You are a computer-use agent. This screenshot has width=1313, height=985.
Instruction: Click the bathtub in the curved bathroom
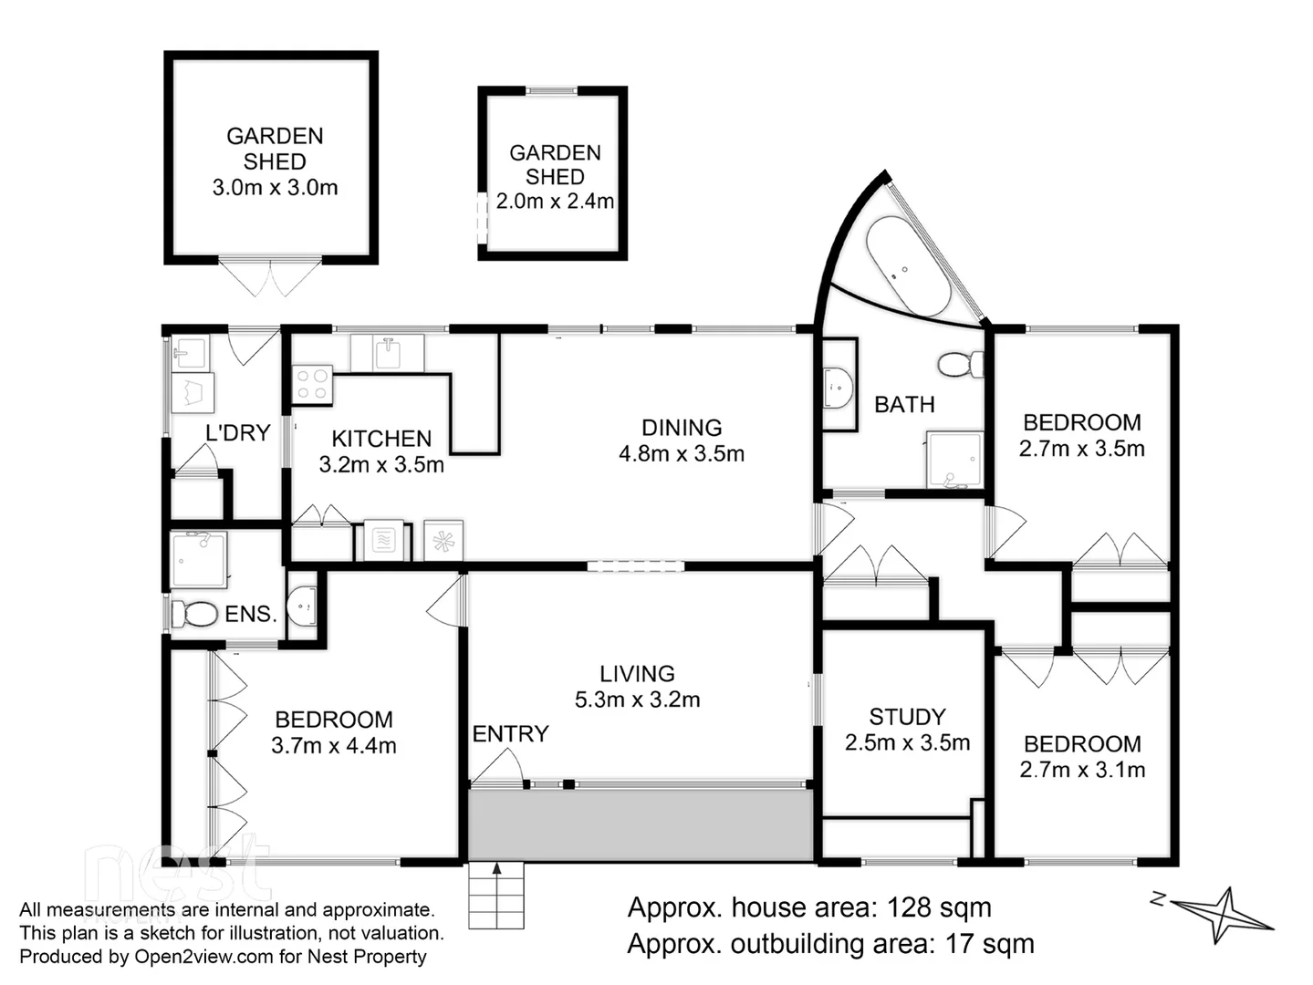point(907,265)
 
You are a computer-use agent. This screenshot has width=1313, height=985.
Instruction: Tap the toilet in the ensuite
point(194,613)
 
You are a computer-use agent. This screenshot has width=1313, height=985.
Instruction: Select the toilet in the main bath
point(960,365)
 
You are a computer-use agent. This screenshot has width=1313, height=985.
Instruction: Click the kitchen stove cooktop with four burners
point(311,384)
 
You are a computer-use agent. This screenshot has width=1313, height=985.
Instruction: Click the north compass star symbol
point(1224,915)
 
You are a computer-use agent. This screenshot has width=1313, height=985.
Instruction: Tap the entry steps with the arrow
point(496,895)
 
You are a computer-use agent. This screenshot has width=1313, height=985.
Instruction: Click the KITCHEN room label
point(380,439)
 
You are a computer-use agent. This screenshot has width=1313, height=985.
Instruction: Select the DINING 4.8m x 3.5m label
point(681,441)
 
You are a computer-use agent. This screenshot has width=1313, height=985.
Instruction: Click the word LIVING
point(637,674)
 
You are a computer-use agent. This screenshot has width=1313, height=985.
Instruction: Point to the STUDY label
point(906,717)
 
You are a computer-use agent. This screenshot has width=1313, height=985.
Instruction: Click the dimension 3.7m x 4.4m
point(333,746)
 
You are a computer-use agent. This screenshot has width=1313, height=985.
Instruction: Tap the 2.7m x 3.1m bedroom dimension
point(1082,770)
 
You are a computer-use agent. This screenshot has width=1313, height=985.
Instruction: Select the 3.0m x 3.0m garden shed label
point(275,188)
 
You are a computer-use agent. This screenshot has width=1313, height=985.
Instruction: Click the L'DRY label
point(237,432)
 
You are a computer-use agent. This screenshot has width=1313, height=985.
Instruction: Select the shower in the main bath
point(954,461)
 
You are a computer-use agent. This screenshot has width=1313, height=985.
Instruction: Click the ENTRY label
point(510,734)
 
